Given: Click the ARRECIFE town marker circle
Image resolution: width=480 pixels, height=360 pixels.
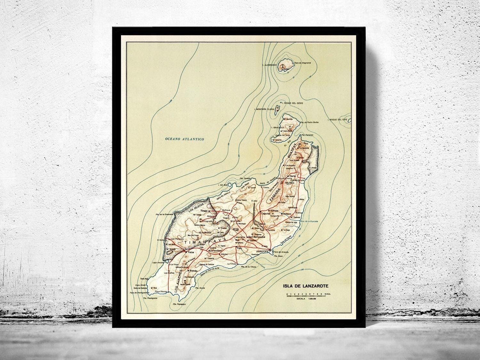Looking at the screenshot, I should pyautogui.click(x=270, y=250).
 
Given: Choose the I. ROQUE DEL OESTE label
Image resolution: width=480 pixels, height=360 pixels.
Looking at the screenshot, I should pyautogui.click(x=292, y=103).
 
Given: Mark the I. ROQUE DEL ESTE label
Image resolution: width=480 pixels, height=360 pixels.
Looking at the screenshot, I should pyautogui.click(x=338, y=120).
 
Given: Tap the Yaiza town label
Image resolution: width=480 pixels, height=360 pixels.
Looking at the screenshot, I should pyautogui.click(x=191, y=252).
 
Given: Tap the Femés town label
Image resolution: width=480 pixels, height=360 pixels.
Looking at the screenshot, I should pyautogui.click(x=194, y=271).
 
